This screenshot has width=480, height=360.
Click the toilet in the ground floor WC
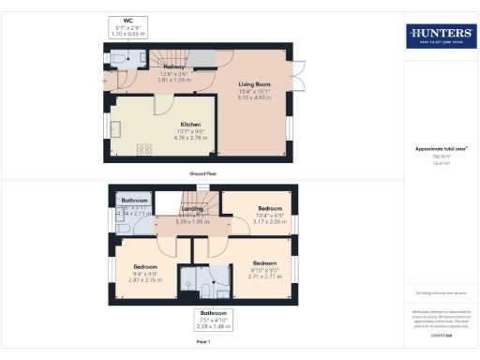116,59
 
